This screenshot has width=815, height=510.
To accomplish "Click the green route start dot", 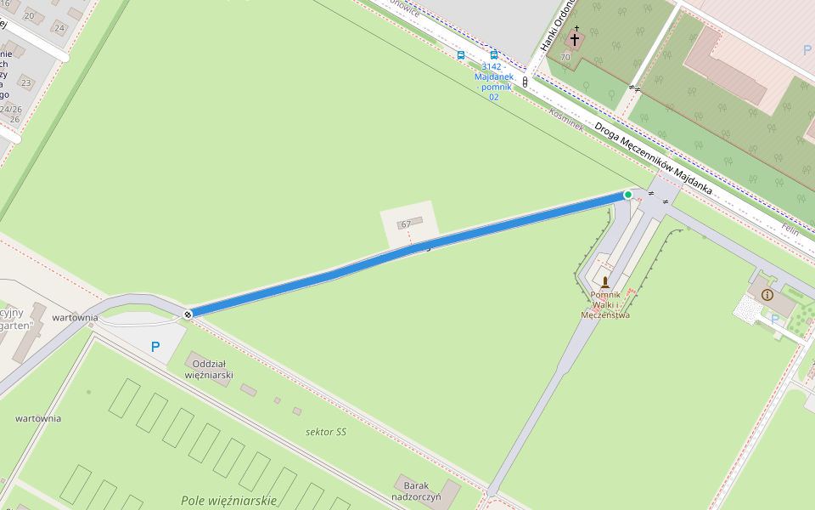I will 628,195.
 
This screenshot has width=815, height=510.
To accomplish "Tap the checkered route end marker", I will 188,314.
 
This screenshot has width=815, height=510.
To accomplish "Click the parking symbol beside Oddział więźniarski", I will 155,347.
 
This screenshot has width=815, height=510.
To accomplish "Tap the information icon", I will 767,295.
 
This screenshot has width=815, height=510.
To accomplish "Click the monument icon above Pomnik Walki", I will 605,281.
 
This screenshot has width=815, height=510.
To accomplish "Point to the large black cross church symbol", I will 575,39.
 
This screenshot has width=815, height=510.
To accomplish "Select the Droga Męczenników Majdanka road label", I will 653,156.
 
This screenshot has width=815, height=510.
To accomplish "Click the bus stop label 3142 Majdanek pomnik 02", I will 493,82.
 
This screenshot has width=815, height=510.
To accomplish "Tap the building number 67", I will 406,224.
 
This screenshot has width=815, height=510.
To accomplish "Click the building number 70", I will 565,57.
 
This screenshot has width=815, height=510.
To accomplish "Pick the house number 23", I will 25,82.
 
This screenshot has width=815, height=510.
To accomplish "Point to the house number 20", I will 30,15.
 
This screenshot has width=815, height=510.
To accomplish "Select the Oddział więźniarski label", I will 208,369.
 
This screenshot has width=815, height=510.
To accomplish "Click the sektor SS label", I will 326,432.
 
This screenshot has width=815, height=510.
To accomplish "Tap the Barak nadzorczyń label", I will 416,490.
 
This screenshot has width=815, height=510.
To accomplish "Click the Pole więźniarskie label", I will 229,501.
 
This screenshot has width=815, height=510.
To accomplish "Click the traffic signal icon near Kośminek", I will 525,82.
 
